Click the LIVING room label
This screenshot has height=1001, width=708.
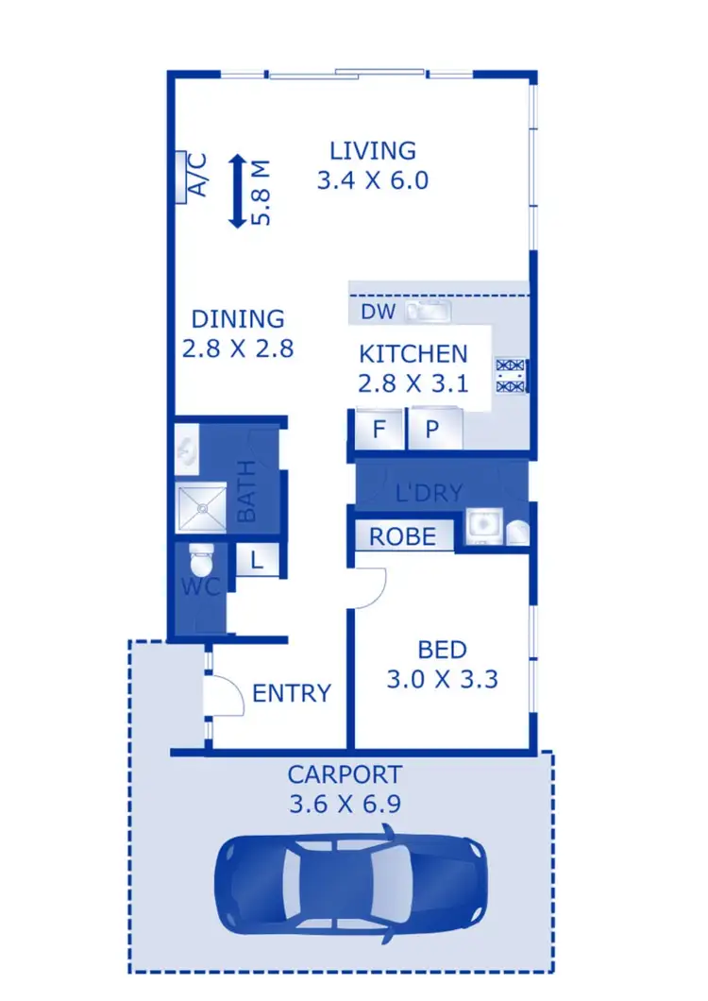tap(372, 150)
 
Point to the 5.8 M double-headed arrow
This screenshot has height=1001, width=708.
tap(237, 192)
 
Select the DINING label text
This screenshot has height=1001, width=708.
tap(237, 319)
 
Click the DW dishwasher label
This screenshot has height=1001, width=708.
tap(377, 312)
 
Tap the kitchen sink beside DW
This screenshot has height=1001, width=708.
tap(429, 311)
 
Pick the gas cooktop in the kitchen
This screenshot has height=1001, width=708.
tap(511, 374)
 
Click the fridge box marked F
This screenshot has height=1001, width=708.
tap(379, 430)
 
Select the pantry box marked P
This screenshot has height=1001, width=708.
tap(433, 430)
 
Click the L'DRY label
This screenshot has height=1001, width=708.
tap(429, 492)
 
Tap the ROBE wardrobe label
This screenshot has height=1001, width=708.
tap(403, 537)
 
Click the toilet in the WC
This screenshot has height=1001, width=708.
tap(201, 563)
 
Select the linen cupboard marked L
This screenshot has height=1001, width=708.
tap(256, 561)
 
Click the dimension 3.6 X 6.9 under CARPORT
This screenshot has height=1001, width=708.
tap(345, 806)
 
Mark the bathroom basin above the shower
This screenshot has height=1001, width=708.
tap(188, 450)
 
